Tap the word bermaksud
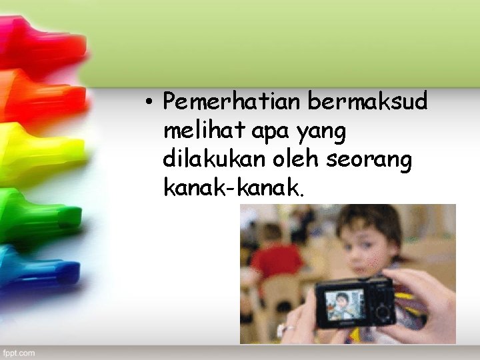(x=368, y=103)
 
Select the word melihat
(x=205, y=132)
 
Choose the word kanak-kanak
(x=232, y=189)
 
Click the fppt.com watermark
(x=19, y=351)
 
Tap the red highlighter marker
(x=40, y=43)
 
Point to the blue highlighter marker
(x=37, y=267)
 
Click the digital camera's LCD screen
(x=343, y=305)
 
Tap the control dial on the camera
(x=382, y=310)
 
